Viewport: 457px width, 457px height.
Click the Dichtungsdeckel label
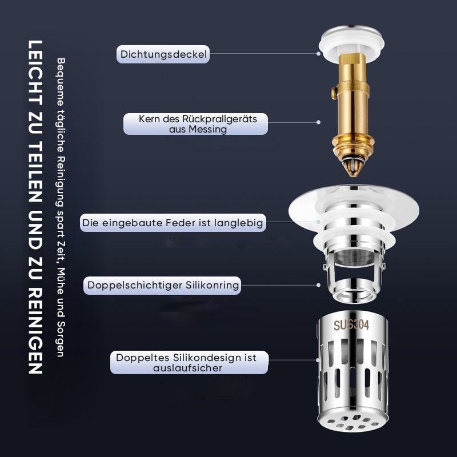163,54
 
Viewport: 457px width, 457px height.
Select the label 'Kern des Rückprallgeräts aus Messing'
195,124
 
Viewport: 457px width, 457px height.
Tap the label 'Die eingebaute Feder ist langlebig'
173,223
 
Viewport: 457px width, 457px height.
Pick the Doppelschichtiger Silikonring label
162,285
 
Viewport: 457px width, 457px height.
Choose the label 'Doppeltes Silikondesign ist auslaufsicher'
189,363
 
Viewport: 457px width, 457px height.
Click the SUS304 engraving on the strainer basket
351,325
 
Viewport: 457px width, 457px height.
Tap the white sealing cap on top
351,44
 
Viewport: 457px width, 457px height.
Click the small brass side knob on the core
334,93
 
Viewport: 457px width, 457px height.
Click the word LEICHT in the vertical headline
35,74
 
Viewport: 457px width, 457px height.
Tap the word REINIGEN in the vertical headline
35,330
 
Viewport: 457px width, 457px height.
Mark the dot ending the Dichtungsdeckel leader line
319,54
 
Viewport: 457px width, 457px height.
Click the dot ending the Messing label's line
319,122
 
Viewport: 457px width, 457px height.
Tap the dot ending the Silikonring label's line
319,285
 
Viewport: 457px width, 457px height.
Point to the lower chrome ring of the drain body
353,291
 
